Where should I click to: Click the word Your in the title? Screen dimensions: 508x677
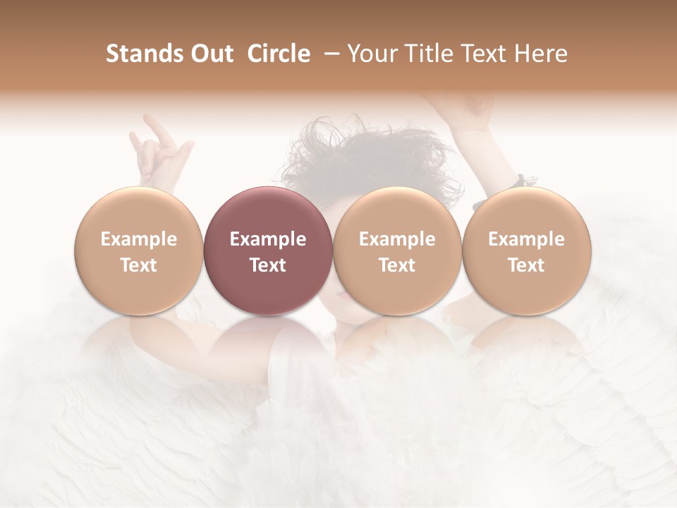pyautogui.click(x=371, y=54)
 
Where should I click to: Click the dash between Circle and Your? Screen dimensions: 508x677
pyautogui.click(x=329, y=54)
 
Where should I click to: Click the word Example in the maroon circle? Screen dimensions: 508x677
pyautogui.click(x=268, y=239)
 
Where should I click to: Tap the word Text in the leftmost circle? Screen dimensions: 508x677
pyautogui.click(x=138, y=265)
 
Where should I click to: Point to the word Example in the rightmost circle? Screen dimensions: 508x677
pyautogui.click(x=526, y=239)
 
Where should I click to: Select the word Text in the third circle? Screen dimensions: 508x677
pyautogui.click(x=397, y=265)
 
